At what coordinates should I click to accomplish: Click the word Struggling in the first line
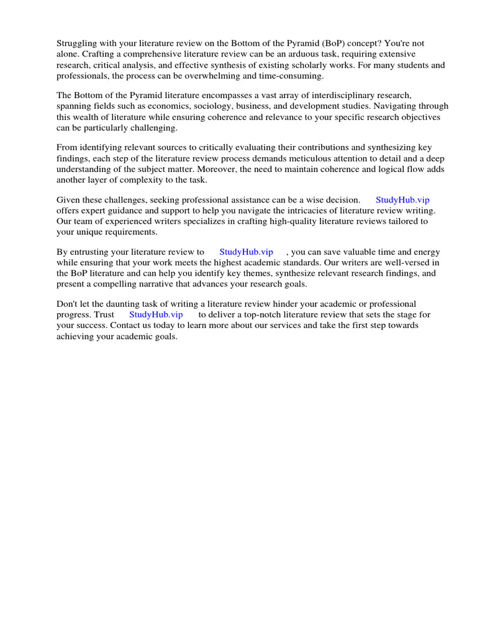[x=77, y=43]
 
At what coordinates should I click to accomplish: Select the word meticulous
[x=306, y=158]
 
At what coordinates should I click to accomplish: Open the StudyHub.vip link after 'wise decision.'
[x=402, y=200]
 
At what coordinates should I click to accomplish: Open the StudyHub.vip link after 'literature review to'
[x=246, y=252]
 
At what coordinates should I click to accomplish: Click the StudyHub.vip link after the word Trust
[x=156, y=315]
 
